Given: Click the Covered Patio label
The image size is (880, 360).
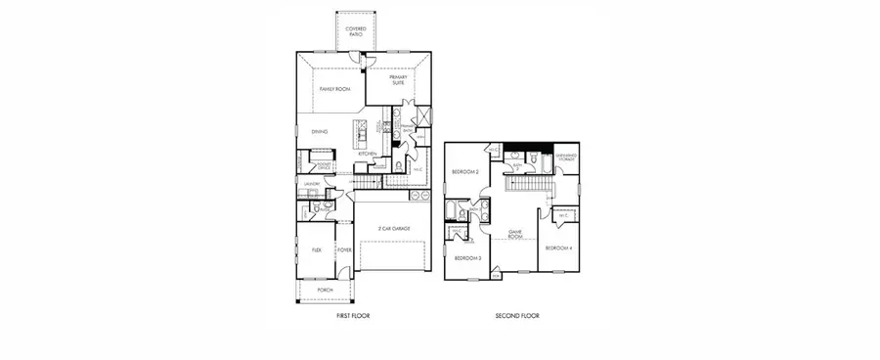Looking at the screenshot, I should pos(354,32).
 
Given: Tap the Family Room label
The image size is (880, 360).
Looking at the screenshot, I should pos(334,89).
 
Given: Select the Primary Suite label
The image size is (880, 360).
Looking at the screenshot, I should pos(398,80).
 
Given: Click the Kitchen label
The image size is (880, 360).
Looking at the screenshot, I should pos(367,155).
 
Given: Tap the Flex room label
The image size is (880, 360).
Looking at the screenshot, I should pos(317,249).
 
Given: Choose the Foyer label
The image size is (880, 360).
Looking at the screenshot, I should pos(344,249).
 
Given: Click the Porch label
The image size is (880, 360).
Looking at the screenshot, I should pos(325,290).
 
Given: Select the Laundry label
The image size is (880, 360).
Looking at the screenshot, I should pos(313,183).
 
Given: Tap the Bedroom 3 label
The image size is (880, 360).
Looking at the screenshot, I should pos(467,257).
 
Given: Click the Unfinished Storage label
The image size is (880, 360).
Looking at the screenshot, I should pos(565,157).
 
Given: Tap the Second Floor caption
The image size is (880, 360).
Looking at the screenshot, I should pos(517,316).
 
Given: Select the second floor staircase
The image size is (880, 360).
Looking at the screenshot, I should pos(528,184).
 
